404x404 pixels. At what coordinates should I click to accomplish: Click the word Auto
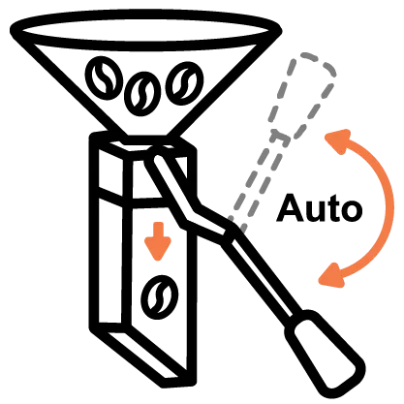[x=319, y=208]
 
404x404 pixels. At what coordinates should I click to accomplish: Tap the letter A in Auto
[x=290, y=208]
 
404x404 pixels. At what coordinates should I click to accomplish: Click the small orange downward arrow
[x=158, y=240]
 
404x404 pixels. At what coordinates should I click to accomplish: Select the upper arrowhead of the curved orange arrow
[x=338, y=141]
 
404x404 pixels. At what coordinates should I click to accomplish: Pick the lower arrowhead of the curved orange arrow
[x=331, y=275]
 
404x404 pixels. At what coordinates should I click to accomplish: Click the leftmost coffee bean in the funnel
[x=104, y=76]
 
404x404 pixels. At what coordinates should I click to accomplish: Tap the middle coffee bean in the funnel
[x=142, y=93]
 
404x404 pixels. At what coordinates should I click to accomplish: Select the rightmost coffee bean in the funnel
[x=184, y=83]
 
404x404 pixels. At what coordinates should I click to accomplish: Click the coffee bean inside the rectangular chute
[x=160, y=297]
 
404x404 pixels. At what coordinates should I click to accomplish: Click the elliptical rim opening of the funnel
[x=145, y=30]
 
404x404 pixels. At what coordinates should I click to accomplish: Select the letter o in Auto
[x=351, y=211]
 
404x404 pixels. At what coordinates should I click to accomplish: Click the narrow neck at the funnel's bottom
[x=146, y=140]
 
